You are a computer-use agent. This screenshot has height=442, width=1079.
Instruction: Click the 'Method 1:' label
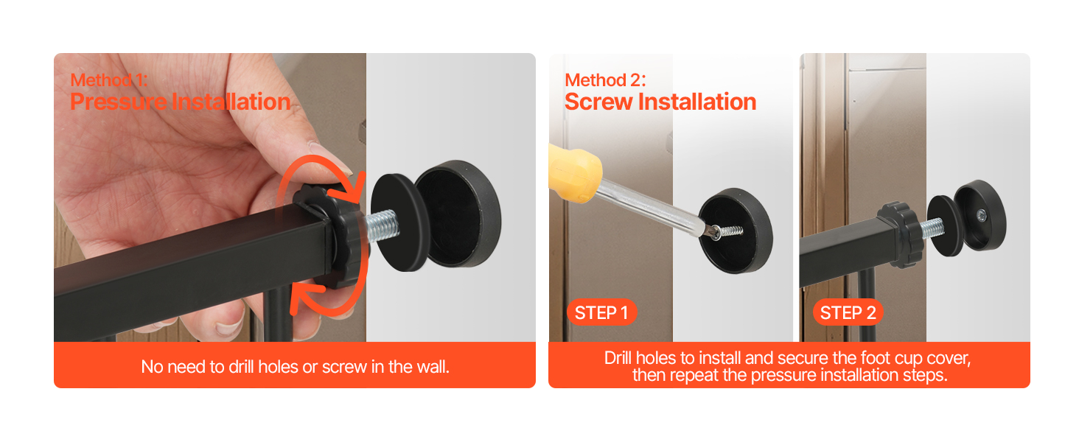point(109,80)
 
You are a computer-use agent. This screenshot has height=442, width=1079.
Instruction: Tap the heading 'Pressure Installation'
point(181,102)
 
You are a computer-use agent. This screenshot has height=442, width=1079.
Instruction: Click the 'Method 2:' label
point(605,80)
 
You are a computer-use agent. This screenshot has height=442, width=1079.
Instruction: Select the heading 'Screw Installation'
point(660,102)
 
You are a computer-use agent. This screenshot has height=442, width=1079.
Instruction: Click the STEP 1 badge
point(601,312)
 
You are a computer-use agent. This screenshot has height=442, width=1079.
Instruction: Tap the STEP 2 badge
point(848,312)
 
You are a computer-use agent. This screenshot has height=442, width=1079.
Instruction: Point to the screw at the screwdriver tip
point(727,232)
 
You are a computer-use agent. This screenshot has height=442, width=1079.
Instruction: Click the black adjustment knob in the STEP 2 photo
point(901,234)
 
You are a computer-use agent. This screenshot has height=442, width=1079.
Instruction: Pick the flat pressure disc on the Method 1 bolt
point(399,222)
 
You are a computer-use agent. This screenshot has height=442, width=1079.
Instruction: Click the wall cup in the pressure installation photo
point(458,214)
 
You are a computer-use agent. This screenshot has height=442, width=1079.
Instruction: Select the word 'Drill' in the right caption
point(618,358)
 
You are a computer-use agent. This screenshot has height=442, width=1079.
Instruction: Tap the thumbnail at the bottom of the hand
point(230,327)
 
